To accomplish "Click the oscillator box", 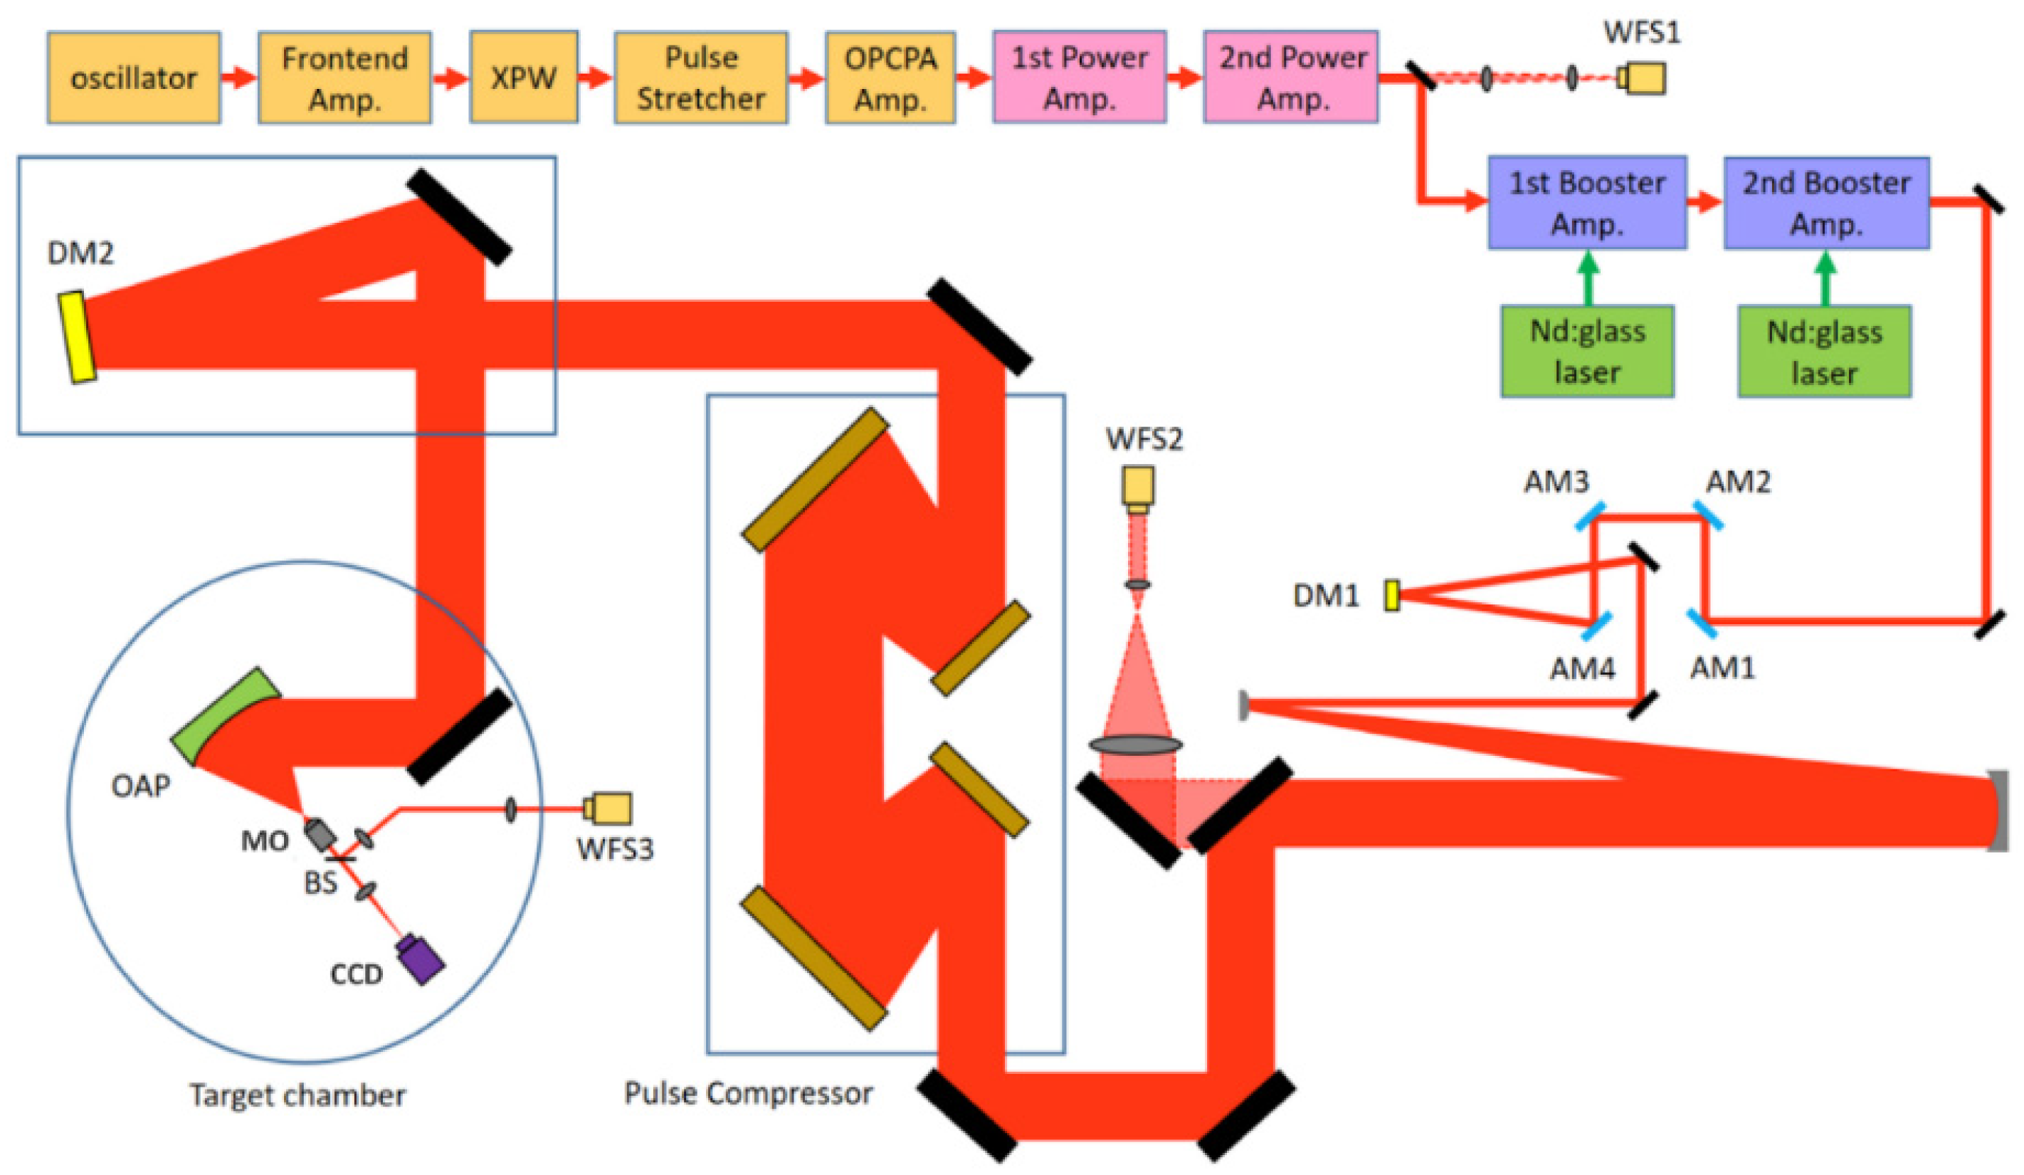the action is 133,78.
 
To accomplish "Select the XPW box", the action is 524,77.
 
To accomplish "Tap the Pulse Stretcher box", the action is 701,78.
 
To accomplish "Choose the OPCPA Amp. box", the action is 891,78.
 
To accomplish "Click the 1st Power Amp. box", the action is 1080,77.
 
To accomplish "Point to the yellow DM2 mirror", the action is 77,337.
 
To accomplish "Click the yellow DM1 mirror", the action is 1392,595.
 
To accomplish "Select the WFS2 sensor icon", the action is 1139,490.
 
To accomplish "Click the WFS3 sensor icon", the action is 607,808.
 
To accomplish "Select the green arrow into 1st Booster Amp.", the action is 1588,277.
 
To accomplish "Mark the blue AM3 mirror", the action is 1591,515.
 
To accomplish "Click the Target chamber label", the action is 298,1095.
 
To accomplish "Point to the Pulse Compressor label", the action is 749,1093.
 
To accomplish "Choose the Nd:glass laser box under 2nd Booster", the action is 1825,352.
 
